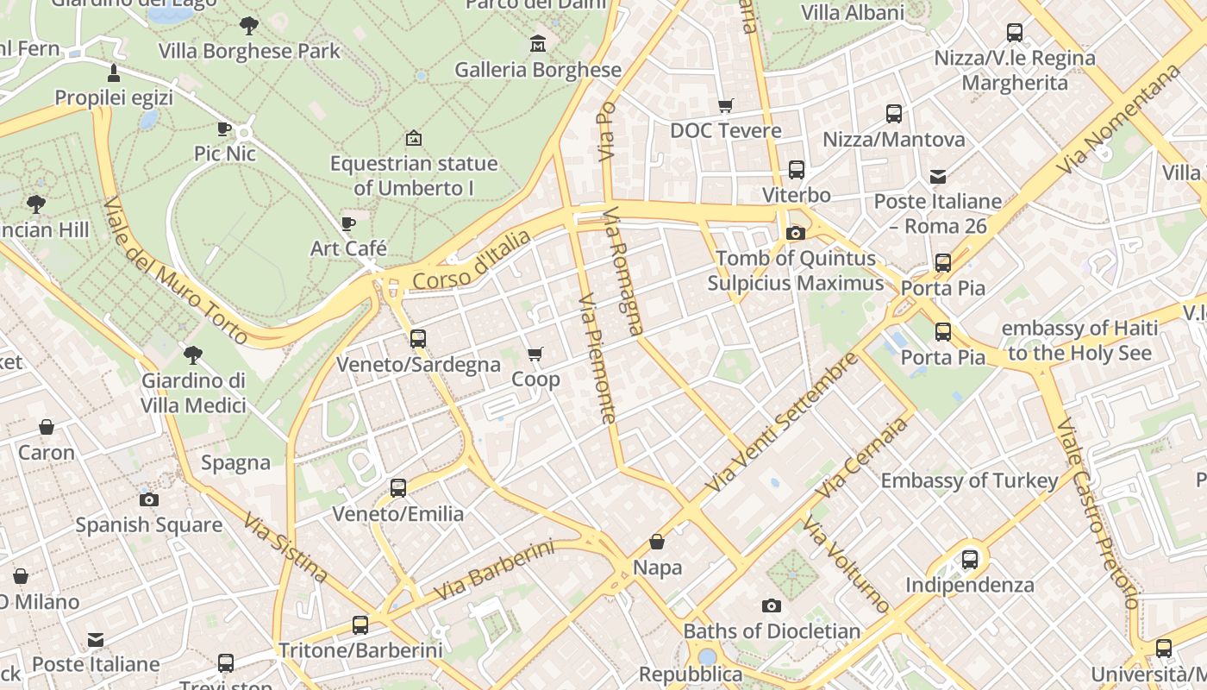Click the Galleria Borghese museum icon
click(538, 43)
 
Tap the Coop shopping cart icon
click(535, 354)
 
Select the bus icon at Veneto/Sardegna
click(418, 339)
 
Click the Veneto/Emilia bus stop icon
click(397, 488)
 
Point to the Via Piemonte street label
click(597, 358)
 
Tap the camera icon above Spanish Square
click(148, 499)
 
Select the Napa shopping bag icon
click(657, 542)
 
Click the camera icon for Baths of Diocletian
click(772, 605)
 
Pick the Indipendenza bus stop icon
click(970, 560)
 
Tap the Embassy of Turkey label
click(969, 480)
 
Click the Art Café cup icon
click(348, 223)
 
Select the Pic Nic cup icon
click(224, 129)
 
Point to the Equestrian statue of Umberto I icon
click(414, 138)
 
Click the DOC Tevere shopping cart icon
click(726, 105)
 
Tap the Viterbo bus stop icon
click(796, 169)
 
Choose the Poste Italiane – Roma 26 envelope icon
click(938, 177)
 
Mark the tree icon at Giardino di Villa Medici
click(193, 354)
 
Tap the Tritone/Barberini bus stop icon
click(360, 625)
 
